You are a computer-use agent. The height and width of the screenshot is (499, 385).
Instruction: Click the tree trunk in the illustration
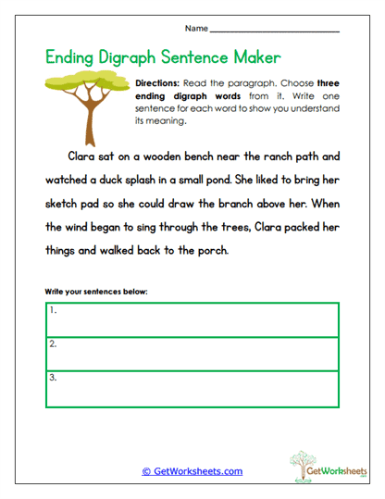click(x=91, y=117)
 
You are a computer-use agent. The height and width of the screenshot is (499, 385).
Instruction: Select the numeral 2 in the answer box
click(x=53, y=344)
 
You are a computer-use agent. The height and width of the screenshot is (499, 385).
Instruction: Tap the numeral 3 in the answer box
click(x=53, y=378)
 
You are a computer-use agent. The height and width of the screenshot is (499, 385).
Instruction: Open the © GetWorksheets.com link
click(x=192, y=471)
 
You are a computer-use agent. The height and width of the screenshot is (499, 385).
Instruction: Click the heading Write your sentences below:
click(x=96, y=293)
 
